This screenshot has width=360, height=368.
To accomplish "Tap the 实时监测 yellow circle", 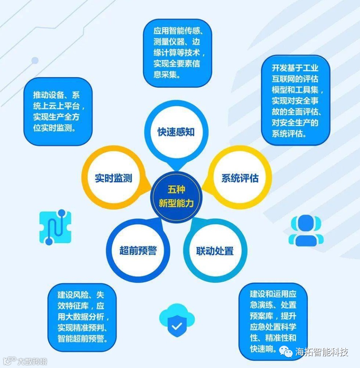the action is click(x=114, y=178).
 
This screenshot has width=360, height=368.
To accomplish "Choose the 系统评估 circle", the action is click(x=240, y=178).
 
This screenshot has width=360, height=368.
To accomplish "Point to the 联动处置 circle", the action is click(x=215, y=251).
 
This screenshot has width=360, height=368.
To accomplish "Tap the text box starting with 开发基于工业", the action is click(x=296, y=100).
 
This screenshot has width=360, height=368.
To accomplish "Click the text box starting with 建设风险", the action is click(x=82, y=317).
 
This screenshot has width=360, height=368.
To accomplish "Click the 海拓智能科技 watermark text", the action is click(x=322, y=352).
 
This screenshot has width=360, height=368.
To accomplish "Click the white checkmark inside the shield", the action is click(x=177, y=327).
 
